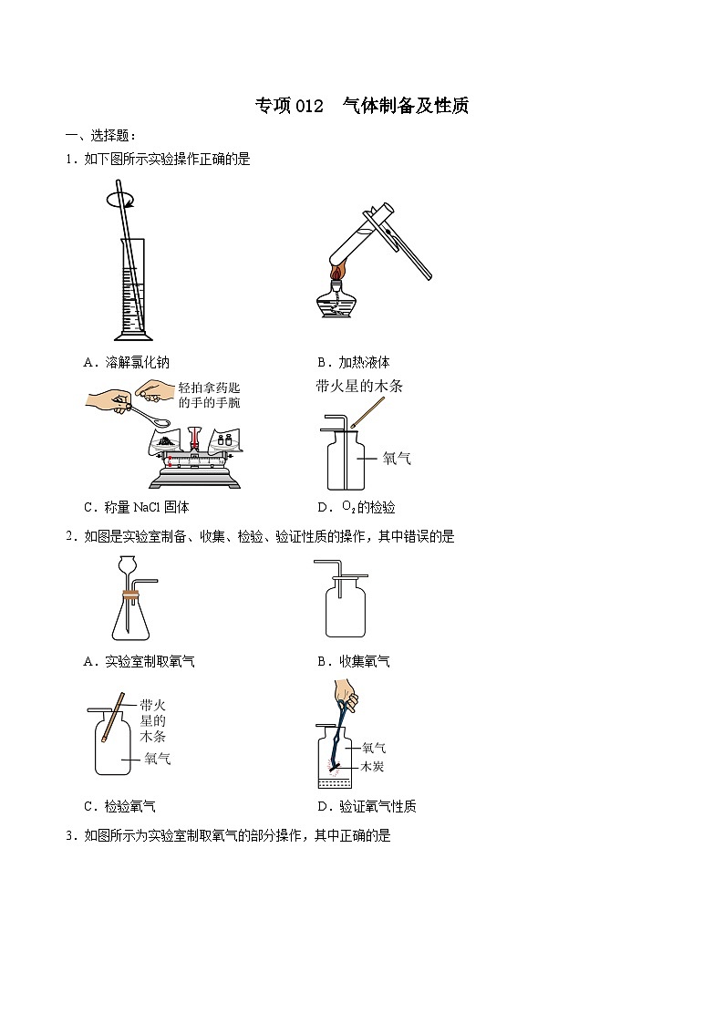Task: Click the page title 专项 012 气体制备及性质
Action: coord(361,106)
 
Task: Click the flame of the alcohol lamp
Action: coord(336,273)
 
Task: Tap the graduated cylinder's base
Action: coord(131,335)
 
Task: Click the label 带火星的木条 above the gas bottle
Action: coord(358,386)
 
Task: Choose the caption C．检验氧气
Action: coord(119,806)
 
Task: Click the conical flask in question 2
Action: coord(133,616)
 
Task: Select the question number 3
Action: coord(68,835)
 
